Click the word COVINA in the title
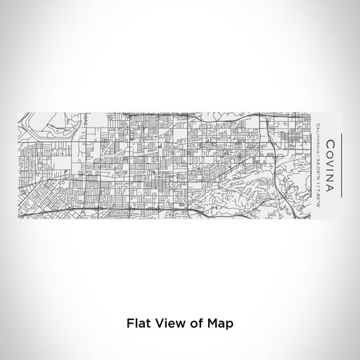[x=330, y=162]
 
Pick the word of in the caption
[x=195, y=325]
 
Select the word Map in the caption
[x=219, y=325]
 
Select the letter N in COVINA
[x=330, y=176]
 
